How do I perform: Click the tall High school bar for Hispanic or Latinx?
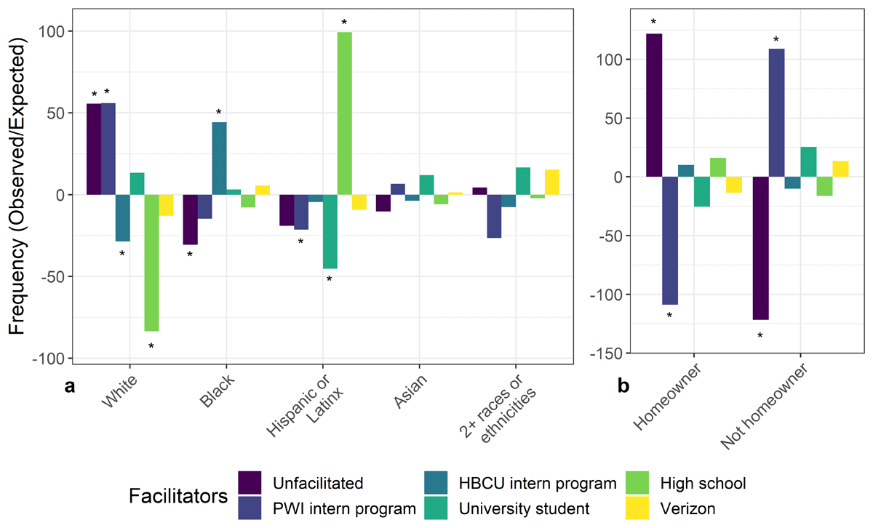point(344,113)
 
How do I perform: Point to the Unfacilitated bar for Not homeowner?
point(761,248)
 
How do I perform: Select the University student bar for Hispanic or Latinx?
point(330,232)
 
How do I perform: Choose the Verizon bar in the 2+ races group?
point(551,183)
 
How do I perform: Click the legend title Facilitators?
point(178,496)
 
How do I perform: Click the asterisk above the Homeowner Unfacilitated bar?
point(653,23)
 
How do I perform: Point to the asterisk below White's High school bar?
point(151,346)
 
